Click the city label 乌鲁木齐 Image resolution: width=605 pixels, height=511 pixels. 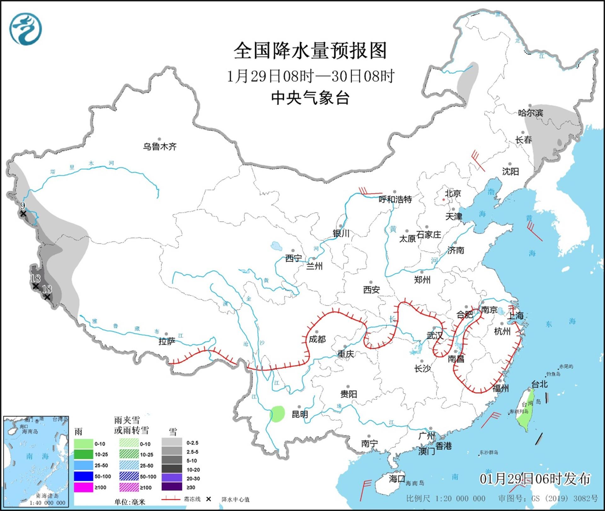[x=160, y=146]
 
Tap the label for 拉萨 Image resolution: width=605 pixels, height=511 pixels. [x=167, y=341]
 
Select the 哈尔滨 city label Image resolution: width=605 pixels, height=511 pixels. [x=530, y=113]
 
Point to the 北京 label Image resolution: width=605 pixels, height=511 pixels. [x=453, y=193]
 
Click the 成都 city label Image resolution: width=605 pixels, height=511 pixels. [x=317, y=339]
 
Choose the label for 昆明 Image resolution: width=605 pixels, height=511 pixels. [x=300, y=414]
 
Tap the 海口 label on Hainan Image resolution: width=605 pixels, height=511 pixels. [x=397, y=479]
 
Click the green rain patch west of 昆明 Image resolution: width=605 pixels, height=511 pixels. [x=278, y=413]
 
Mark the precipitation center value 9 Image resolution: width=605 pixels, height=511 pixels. [x=22, y=206]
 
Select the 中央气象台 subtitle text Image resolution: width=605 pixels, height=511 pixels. [x=310, y=98]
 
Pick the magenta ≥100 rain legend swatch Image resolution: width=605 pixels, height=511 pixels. [x=84, y=487]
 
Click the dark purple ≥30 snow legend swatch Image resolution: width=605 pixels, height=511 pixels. [x=172, y=487]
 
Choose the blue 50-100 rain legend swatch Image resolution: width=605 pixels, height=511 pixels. [x=84, y=477]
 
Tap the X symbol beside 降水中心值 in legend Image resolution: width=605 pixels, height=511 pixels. [x=208, y=499]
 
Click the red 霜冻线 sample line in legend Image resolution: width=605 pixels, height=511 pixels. [x=171, y=499]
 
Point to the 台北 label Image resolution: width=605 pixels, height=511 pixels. [x=539, y=384]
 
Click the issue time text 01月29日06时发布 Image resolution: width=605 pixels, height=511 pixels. [x=535, y=479]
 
